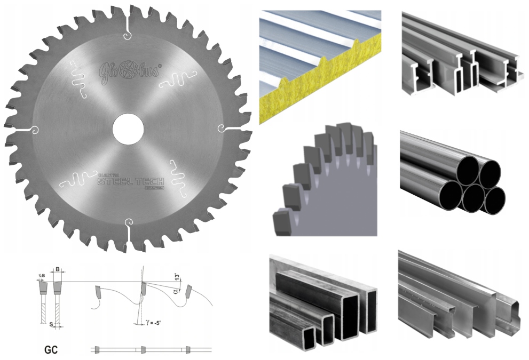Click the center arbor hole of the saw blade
(128, 129)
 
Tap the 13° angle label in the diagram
(177, 277)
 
